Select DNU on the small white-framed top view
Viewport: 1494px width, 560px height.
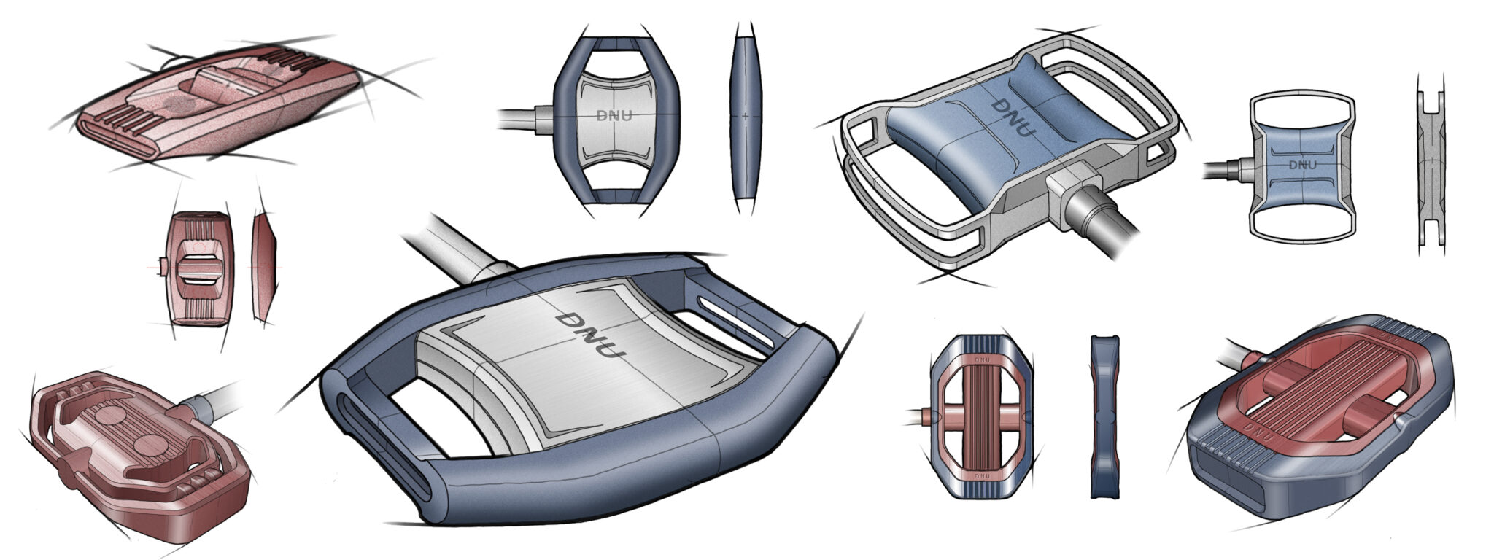pyautogui.click(x=1303, y=165)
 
